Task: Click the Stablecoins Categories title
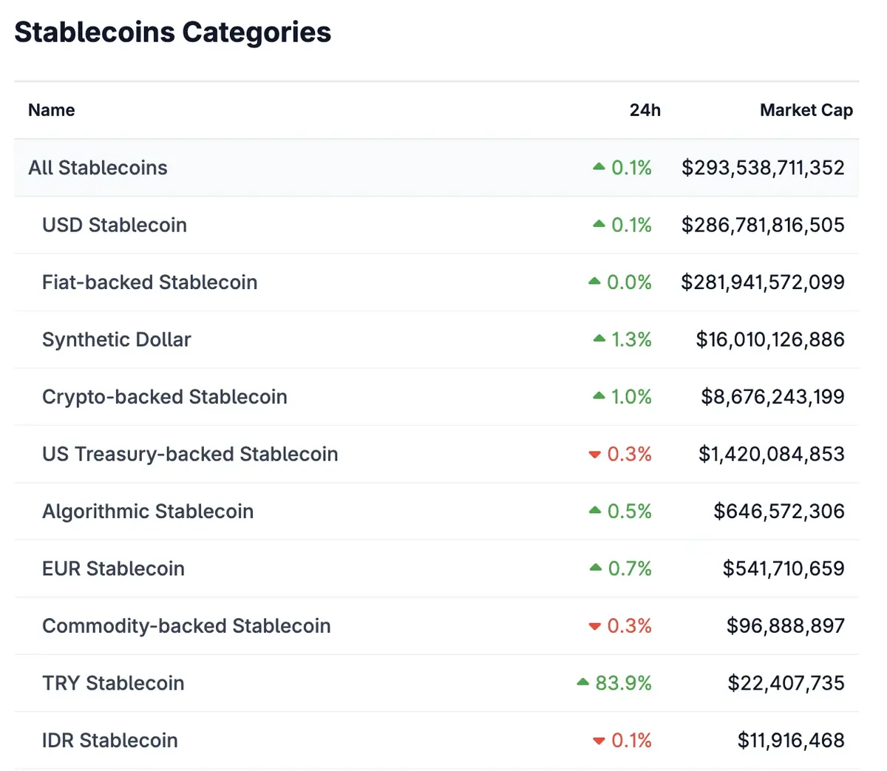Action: coord(172,33)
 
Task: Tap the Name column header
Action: coord(51,110)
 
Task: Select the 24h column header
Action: coord(645,110)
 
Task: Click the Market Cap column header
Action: coord(806,110)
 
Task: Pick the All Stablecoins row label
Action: coord(98,168)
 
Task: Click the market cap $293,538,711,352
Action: coord(762,168)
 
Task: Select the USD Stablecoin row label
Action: coord(115,225)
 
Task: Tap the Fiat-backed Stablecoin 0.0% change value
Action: coord(629,282)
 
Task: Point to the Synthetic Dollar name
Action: coord(116,339)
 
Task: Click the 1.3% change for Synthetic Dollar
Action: coord(631,339)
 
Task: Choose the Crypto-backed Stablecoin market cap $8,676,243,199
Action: coord(772,397)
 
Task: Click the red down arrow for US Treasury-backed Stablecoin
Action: coord(594,455)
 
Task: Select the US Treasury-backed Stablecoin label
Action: coord(190,454)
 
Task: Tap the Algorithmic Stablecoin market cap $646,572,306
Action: coord(778,512)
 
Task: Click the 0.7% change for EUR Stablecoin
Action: coord(630,568)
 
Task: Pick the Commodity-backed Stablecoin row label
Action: coord(186,626)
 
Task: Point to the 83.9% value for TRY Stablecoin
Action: coord(623,683)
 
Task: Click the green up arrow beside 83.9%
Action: coord(582,682)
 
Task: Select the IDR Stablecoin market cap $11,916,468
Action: coord(790,741)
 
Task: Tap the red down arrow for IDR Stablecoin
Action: coord(599,741)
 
